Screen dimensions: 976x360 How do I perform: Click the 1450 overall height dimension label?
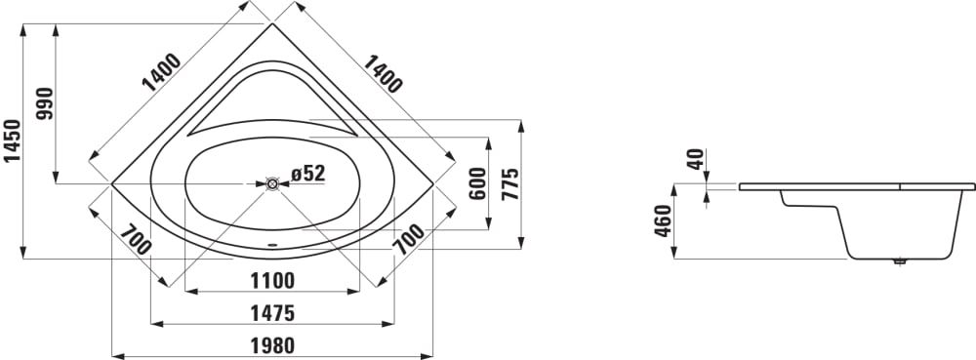(x=13, y=140)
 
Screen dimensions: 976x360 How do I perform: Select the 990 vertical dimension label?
(x=45, y=103)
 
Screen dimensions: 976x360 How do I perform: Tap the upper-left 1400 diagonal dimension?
(x=161, y=72)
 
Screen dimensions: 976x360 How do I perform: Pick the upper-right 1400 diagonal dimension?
(x=383, y=73)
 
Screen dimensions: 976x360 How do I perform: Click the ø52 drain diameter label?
(x=308, y=174)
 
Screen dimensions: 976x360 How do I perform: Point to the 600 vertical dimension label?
(x=477, y=183)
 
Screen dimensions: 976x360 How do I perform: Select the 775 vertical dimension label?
(x=510, y=183)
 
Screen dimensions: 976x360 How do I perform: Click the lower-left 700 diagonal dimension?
(x=136, y=239)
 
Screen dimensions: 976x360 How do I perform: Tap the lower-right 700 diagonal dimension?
(x=408, y=239)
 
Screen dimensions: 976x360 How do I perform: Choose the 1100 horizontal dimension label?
(x=272, y=281)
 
